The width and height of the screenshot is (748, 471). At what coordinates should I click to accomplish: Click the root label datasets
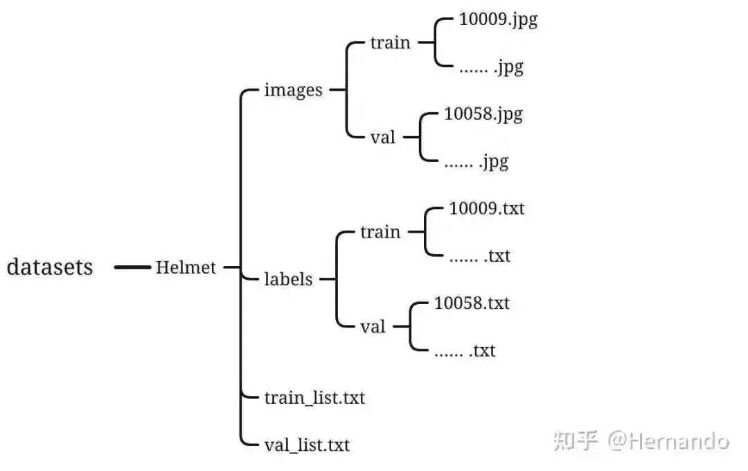pyautogui.click(x=50, y=267)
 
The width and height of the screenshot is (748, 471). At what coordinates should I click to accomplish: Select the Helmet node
pyautogui.click(x=186, y=267)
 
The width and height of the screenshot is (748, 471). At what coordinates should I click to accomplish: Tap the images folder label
pyautogui.click(x=293, y=90)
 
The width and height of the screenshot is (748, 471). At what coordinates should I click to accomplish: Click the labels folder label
pyautogui.click(x=288, y=280)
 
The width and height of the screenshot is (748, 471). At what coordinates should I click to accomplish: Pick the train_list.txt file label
pyautogui.click(x=314, y=398)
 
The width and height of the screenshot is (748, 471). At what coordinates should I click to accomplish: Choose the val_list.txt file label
pyautogui.click(x=307, y=444)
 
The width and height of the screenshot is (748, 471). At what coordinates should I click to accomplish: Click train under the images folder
pyautogui.click(x=390, y=42)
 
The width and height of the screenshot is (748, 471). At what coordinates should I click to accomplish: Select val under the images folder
pyautogui.click(x=382, y=137)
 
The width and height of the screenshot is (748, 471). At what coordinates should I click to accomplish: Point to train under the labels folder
pyautogui.click(x=380, y=232)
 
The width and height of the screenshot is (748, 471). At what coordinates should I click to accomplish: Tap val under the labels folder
pyautogui.click(x=373, y=326)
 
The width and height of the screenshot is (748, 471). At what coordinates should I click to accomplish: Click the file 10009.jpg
pyautogui.click(x=498, y=20)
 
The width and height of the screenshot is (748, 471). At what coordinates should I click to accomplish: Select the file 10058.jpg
pyautogui.click(x=483, y=114)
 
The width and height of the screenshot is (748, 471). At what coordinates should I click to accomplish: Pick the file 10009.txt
pyautogui.click(x=486, y=208)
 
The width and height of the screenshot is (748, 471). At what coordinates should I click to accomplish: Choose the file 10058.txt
pyautogui.click(x=471, y=303)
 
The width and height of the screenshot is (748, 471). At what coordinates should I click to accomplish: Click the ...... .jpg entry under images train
pyautogui.click(x=491, y=67)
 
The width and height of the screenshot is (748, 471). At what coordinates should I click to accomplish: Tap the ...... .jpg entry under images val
pyautogui.click(x=476, y=161)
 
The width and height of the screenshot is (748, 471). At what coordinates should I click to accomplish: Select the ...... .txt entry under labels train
pyautogui.click(x=479, y=256)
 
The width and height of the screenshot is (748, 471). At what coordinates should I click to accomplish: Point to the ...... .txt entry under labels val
pyautogui.click(x=464, y=350)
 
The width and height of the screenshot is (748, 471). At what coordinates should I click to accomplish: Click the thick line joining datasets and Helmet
pyautogui.click(x=132, y=267)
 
